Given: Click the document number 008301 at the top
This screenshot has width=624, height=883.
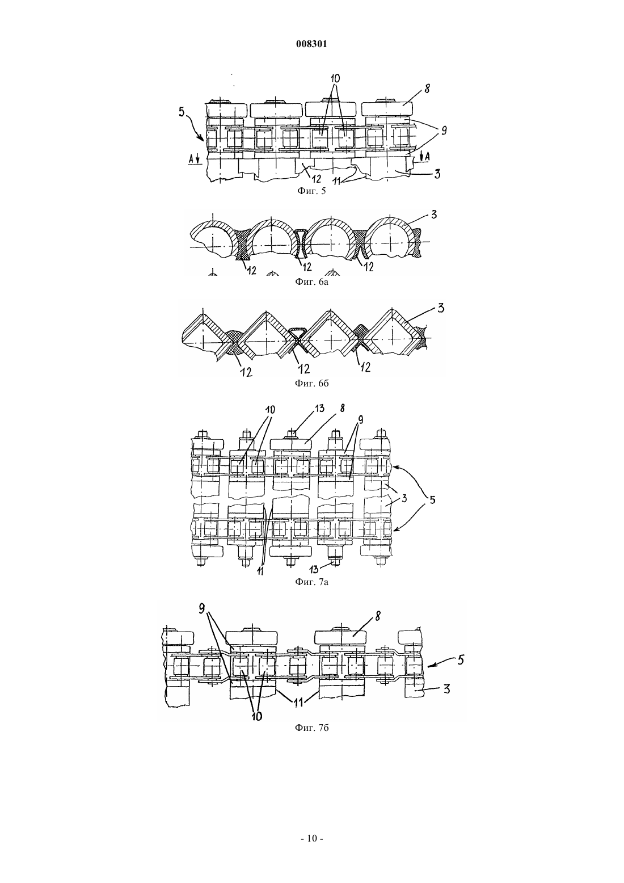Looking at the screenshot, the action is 311,44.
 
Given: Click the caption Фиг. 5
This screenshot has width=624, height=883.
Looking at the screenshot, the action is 311,191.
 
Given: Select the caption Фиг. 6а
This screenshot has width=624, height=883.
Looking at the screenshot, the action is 311,282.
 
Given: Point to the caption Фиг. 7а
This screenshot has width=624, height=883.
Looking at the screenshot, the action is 311,582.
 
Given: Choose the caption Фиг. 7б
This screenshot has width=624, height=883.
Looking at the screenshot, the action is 311,728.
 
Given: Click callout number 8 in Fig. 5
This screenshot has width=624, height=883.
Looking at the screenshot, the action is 427,89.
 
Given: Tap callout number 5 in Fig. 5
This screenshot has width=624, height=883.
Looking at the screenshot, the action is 182,112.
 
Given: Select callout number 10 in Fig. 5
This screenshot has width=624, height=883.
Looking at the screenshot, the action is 335,78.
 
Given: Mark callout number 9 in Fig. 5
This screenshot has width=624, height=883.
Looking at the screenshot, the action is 444,131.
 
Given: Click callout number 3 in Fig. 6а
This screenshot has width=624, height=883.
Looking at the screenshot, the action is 434,215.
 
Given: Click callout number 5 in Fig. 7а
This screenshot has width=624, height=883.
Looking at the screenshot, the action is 432,500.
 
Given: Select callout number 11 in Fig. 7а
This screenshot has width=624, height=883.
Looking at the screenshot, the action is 260,571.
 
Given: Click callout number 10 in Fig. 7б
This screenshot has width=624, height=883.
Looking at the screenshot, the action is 256,716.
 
